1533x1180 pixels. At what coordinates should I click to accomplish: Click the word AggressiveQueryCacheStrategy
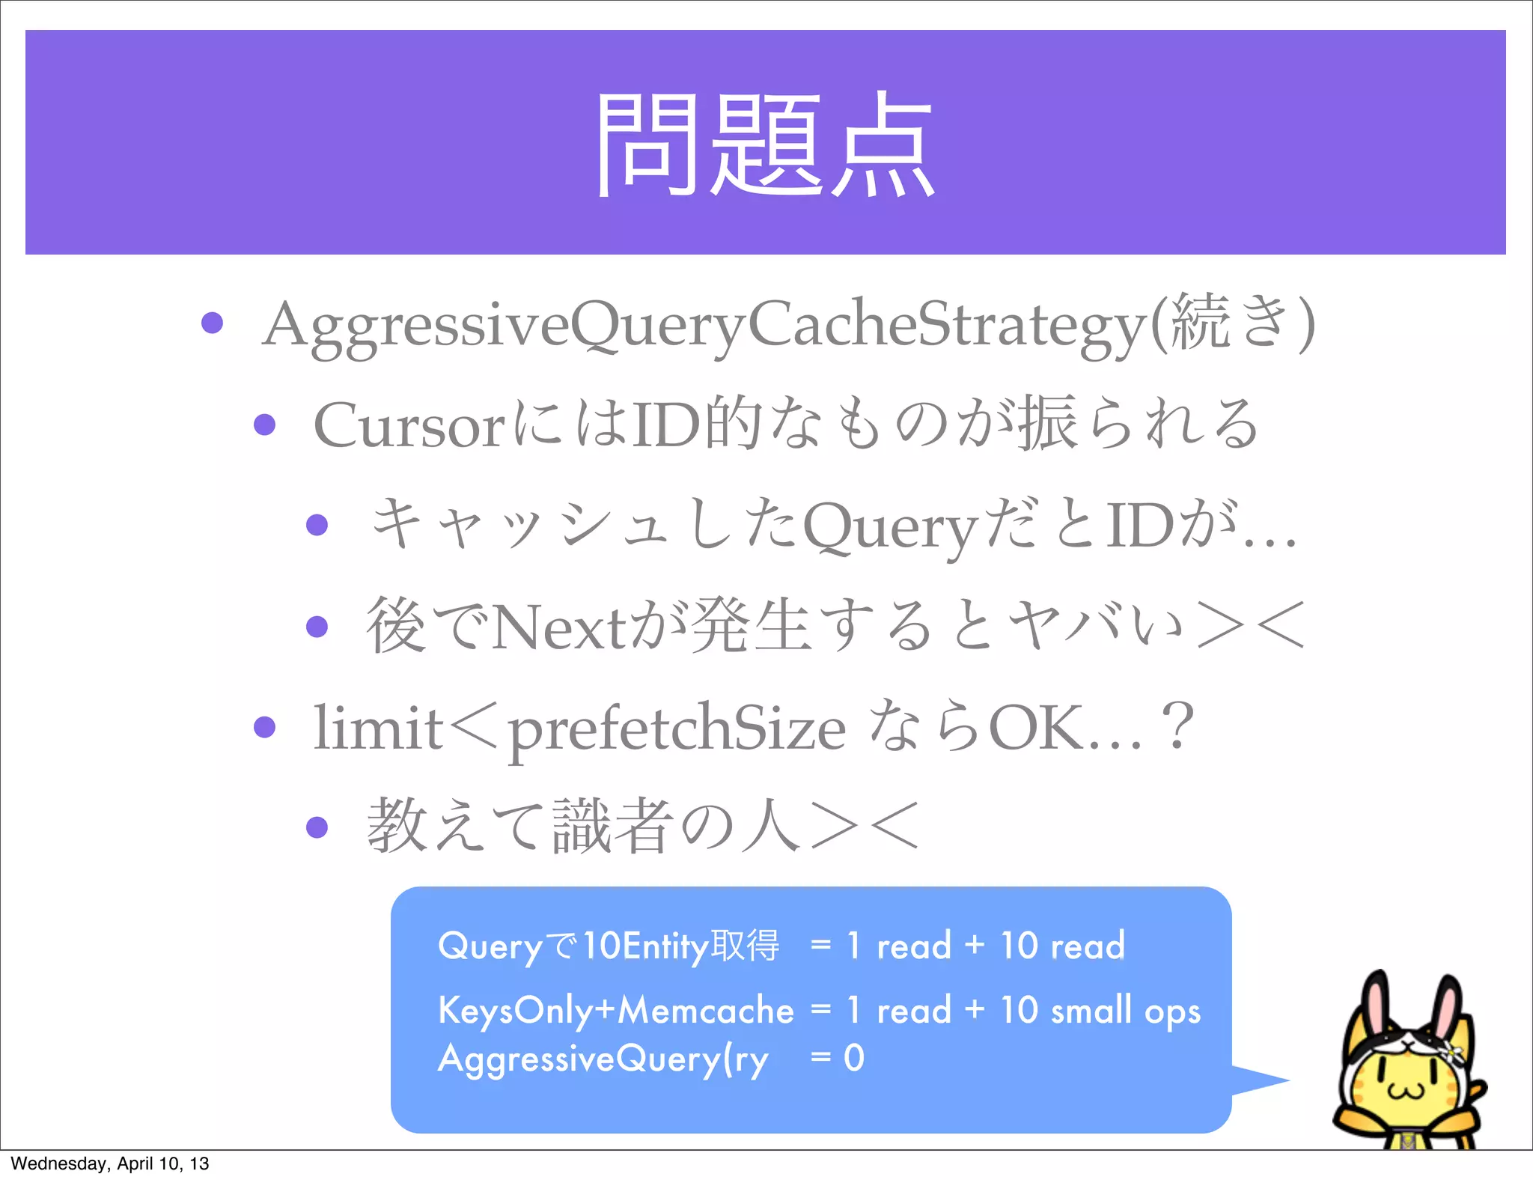[704, 326]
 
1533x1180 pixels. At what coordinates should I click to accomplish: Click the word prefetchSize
[677, 729]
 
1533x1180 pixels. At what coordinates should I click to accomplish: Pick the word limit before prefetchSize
[378, 728]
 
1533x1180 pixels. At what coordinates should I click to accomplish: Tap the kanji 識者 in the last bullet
[610, 827]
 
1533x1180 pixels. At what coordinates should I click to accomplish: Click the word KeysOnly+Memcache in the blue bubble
[615, 1010]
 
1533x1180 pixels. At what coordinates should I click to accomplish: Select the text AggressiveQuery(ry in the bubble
[603, 1059]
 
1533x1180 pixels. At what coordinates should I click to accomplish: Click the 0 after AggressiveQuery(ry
[854, 1058]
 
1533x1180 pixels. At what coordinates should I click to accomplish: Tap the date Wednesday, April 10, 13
[110, 1164]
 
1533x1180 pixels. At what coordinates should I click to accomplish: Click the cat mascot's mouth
[1406, 1090]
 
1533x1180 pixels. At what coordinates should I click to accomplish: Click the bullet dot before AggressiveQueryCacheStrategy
[213, 323]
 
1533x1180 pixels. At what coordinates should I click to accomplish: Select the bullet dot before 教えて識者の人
[317, 827]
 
